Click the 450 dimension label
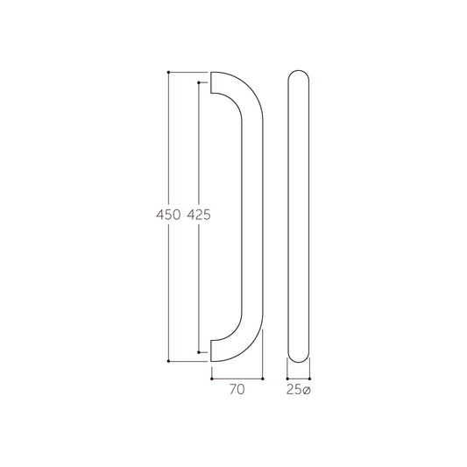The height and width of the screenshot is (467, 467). (168, 215)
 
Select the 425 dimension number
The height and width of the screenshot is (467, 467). (199, 215)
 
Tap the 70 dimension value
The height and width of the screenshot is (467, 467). (237, 389)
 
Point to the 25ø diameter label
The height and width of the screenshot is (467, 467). (299, 390)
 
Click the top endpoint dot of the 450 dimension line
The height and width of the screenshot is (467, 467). (168, 72)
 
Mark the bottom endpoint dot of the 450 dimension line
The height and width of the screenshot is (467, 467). (168, 361)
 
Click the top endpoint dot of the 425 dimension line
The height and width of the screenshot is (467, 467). (199, 82)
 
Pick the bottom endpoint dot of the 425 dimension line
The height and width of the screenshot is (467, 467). (199, 352)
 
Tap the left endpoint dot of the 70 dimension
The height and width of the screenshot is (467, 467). (212, 379)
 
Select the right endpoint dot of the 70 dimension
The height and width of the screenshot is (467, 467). (262, 379)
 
